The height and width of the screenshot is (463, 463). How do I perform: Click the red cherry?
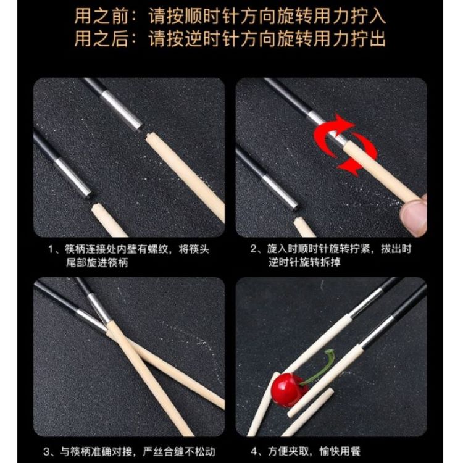click(x=286, y=390)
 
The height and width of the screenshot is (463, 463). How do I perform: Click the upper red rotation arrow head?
click(x=344, y=122)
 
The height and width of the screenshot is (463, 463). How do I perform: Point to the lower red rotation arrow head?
click(x=348, y=166)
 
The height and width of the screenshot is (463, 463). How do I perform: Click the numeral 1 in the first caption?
click(x=52, y=249)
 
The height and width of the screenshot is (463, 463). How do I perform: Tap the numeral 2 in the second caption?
click(x=254, y=249)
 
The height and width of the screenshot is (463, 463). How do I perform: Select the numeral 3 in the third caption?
click(x=47, y=451)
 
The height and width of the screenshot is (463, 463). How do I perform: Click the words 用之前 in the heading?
click(x=101, y=16)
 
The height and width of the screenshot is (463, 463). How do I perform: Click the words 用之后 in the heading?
click(x=101, y=39)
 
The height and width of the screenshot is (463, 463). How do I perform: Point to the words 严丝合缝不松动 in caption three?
click(x=179, y=451)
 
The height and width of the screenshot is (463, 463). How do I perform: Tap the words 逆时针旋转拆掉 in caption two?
click(x=304, y=262)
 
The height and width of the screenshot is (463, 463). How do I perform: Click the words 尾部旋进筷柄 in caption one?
click(x=97, y=262)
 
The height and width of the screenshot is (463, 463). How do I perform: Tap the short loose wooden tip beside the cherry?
click(x=311, y=403)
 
